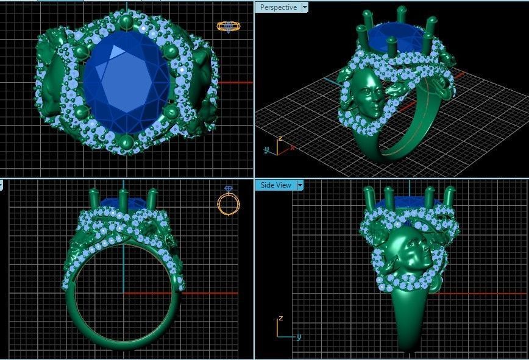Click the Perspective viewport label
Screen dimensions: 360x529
[278, 7]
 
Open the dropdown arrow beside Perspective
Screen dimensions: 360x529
[305, 7]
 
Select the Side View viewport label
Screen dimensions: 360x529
[275, 185]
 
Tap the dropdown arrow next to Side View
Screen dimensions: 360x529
[300, 185]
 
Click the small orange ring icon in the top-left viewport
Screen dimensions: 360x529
[228, 26]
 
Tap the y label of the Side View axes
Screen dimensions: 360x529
[299, 337]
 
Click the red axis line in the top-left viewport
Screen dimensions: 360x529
[235, 82]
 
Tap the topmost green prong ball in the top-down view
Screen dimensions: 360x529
[126, 23]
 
